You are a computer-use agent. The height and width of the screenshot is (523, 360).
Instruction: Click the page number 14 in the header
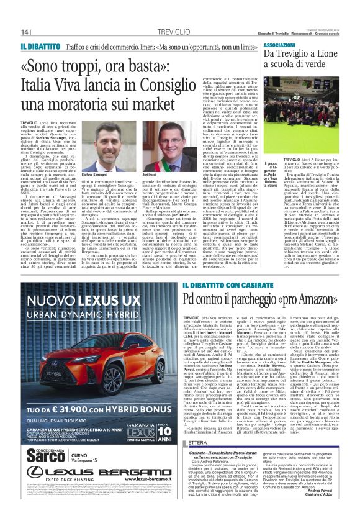click(x=25, y=32)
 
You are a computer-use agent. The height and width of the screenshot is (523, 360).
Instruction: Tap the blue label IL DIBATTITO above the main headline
click(x=39, y=47)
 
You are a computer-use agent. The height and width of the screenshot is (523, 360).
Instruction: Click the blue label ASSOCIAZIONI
click(x=279, y=45)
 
